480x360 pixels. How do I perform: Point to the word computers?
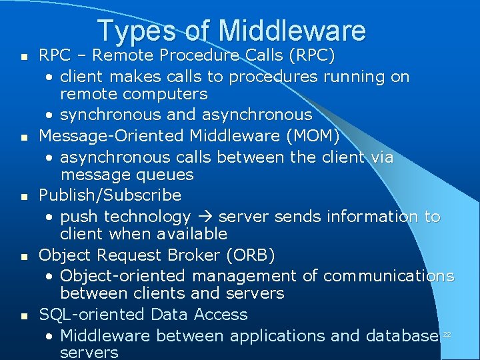[x=167, y=94]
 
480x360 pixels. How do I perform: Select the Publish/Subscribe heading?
[x=110, y=195]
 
